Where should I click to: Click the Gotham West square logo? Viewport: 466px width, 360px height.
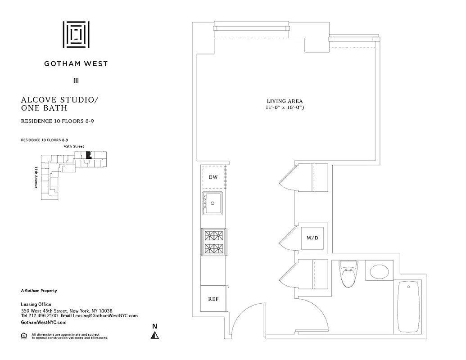[76, 34]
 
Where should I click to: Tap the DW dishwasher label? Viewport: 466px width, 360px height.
[213, 177]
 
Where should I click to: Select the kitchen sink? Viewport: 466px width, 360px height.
[213, 204]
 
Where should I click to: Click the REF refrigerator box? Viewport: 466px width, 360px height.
[213, 299]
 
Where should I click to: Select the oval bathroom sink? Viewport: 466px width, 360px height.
[381, 271]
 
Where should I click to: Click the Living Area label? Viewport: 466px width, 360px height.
[285, 101]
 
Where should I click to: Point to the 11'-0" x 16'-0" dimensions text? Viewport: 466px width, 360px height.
[285, 108]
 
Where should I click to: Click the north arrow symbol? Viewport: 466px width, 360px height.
[154, 335]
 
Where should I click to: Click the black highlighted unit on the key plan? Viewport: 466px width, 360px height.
[88, 155]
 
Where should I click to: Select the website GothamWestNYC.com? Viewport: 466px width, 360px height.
[44, 323]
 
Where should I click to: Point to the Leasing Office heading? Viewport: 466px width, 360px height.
[36, 304]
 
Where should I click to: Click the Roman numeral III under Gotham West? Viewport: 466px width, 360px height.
[76, 81]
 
